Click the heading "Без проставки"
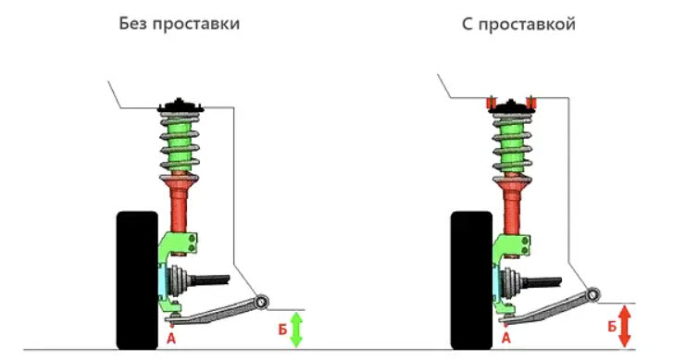tap(180, 24)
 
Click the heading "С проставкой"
tap(518, 24)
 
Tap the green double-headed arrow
tap(296, 329)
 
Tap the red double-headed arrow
tap(625, 326)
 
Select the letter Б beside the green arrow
tap(282, 329)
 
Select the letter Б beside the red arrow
tap(612, 327)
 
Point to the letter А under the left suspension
tap(171, 339)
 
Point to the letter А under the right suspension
tap(505, 338)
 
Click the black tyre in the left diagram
tap(138, 280)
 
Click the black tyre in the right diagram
tap(471, 280)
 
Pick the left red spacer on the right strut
tap(491, 103)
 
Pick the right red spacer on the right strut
tap(531, 103)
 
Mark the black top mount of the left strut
tap(181, 106)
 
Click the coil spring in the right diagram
tap(512, 146)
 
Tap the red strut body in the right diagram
tap(512, 205)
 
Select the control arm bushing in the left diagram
tap(261, 302)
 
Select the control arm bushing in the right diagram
tap(593, 294)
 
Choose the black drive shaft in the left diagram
tap(210, 280)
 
